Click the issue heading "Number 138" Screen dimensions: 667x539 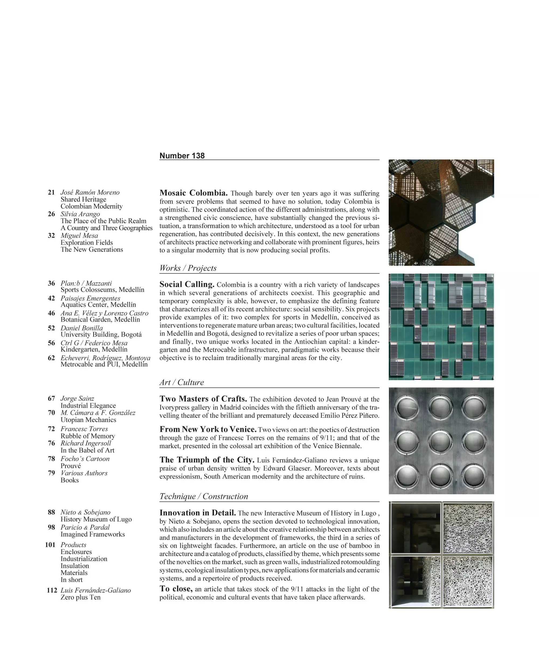pos(182,156)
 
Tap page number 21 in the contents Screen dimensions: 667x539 pos(51,192)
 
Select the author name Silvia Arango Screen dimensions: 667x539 pos(80,214)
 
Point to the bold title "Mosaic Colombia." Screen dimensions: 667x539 pos(194,193)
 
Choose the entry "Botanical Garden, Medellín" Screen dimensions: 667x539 pos(100,320)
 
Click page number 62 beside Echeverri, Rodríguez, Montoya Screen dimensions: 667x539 pos(51,358)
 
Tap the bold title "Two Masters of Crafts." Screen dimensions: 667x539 pos(203,399)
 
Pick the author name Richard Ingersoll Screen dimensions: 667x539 pos(86,443)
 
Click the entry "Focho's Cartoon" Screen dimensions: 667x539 pos(85,459)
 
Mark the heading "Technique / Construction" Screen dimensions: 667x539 pos(204,496)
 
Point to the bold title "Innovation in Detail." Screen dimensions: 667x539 pos(198,513)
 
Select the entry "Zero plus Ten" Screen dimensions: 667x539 pos(80,597)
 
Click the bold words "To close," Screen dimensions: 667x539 pos(176,589)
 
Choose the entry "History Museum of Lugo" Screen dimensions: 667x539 pos(96,519)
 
